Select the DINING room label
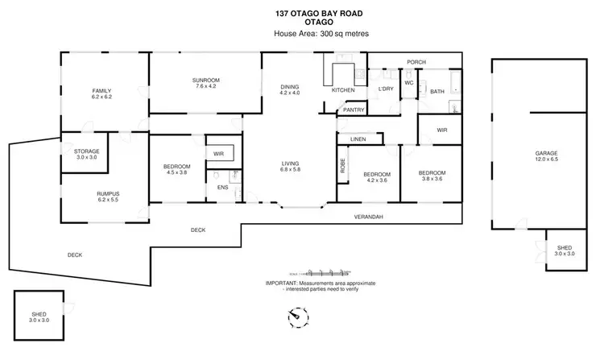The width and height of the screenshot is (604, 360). click(289, 89)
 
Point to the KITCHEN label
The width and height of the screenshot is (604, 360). click(343, 90)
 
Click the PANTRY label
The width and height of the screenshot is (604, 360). click(353, 110)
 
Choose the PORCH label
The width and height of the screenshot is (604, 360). click(416, 62)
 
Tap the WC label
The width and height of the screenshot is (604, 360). click(408, 82)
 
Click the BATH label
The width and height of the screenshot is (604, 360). click(437, 92)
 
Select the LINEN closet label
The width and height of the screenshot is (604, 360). click(358, 139)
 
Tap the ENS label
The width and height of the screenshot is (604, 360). click(222, 188)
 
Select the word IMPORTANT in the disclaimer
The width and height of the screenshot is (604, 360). click(281, 283)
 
